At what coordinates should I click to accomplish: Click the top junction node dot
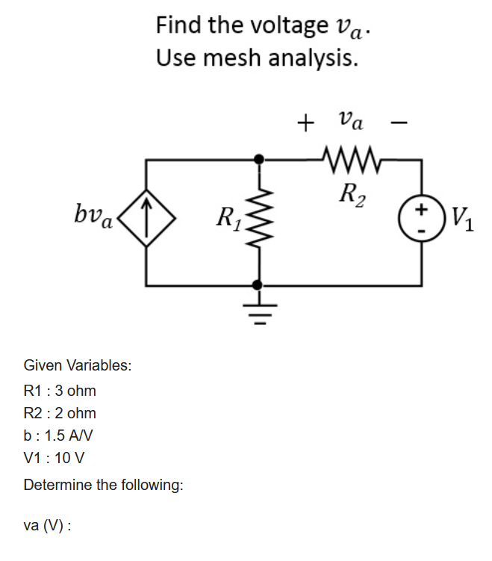tap(258, 159)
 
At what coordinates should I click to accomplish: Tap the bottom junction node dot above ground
tap(258, 285)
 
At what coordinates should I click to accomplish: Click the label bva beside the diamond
tap(93, 217)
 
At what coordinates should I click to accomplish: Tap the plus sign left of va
tap(304, 123)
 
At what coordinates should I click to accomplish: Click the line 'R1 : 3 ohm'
tap(60, 391)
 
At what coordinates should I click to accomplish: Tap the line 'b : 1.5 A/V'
tap(58, 436)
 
